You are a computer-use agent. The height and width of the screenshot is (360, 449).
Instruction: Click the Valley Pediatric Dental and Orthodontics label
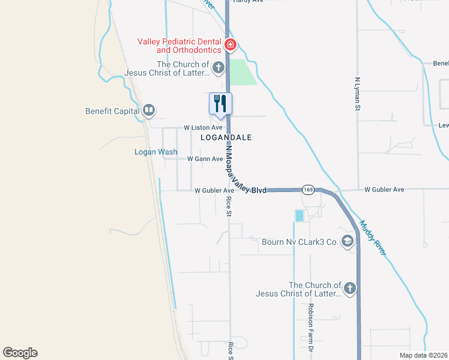[x=179, y=46]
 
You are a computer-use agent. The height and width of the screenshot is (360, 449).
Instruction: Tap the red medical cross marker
[x=230, y=45]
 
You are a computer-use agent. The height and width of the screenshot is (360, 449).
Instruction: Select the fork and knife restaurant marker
[x=220, y=103]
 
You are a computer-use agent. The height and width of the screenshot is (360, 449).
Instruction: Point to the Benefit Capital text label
[x=112, y=110]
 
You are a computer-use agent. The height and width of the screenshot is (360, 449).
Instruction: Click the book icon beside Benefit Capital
[x=149, y=110]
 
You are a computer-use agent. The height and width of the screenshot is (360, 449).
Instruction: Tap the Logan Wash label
[x=155, y=152]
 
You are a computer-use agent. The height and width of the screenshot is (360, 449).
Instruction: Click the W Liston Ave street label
[x=203, y=128]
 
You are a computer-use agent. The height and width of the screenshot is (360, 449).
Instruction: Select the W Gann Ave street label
[x=205, y=159]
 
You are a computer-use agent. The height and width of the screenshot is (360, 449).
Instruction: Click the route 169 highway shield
[x=308, y=190]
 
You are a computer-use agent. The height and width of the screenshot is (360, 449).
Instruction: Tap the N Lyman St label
[x=357, y=93]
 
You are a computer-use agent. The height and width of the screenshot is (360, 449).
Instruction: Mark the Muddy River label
[x=373, y=238]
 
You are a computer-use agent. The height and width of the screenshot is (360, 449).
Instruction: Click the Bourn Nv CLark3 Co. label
[x=300, y=242]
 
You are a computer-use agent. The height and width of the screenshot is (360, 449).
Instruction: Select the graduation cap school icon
[x=347, y=241]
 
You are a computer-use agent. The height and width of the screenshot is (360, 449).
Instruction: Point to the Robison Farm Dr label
[x=311, y=327]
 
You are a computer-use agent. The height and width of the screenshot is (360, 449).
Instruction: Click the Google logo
[x=20, y=353]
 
